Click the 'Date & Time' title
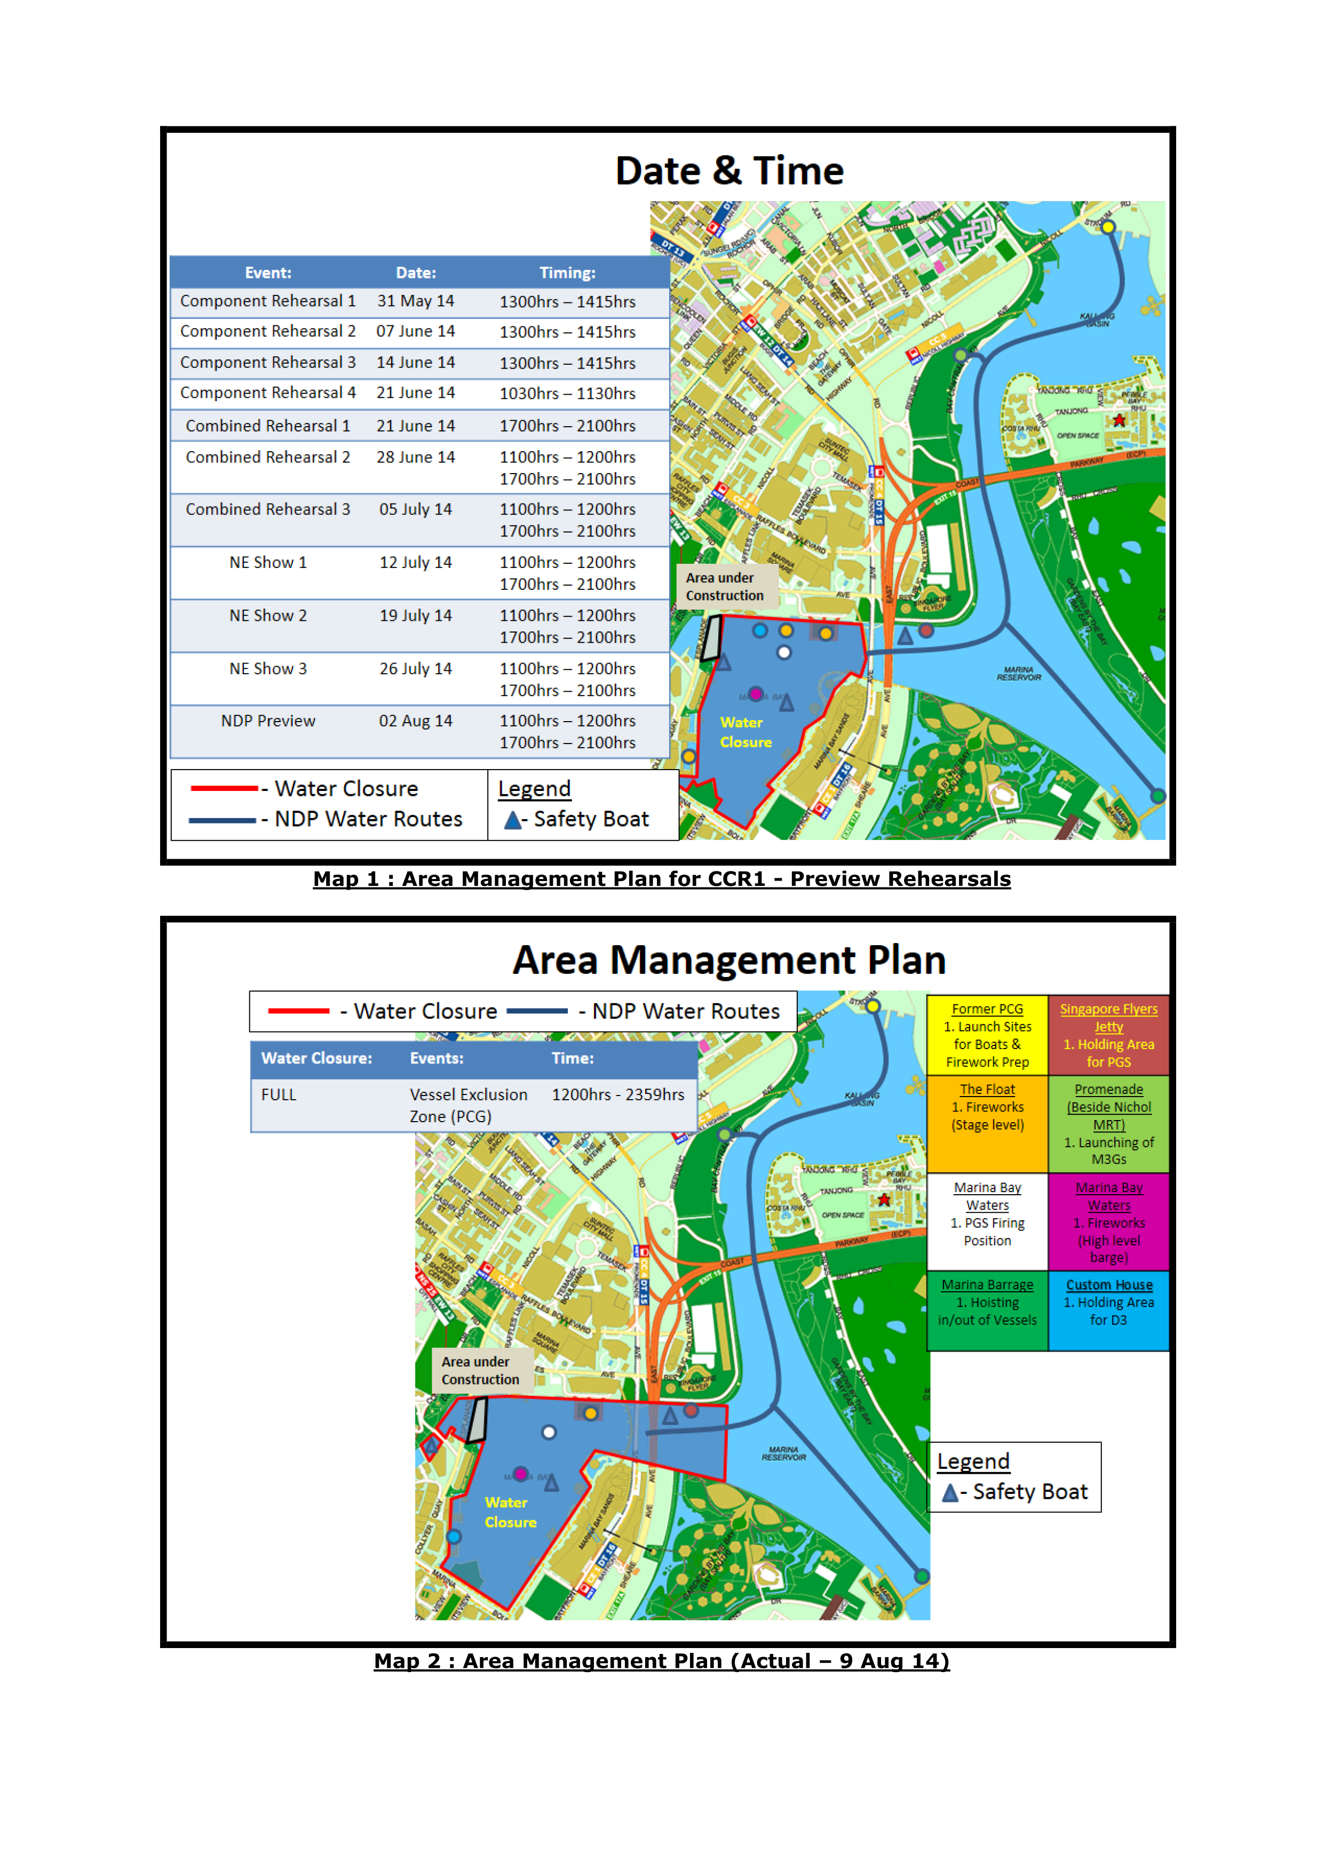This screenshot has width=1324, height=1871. (729, 171)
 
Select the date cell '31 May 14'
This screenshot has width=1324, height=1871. (416, 301)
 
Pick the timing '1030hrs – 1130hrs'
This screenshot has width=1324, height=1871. (567, 394)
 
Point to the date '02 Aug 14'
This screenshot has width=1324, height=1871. (416, 721)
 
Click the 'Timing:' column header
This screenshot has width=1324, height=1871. (567, 273)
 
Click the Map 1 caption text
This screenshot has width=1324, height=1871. (661, 879)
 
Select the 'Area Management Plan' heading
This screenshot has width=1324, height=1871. (729, 960)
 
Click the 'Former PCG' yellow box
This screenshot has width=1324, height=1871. (987, 1035)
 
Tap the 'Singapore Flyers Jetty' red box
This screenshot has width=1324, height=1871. (1109, 1035)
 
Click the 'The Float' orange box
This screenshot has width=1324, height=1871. (987, 1123)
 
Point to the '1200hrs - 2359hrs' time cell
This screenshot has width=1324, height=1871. (618, 1095)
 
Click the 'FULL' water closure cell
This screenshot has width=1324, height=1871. (279, 1095)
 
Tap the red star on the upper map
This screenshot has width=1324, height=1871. (1119, 420)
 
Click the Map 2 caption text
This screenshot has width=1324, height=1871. (661, 1661)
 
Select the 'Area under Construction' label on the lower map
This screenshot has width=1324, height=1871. (481, 1371)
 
